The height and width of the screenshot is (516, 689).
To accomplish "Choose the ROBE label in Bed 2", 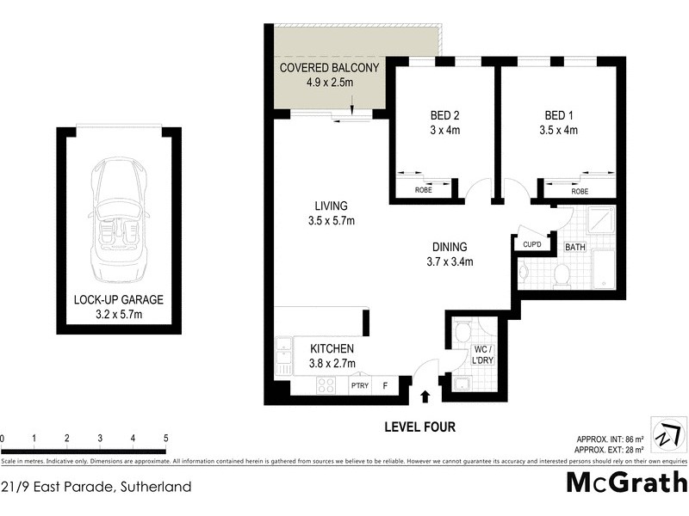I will (x=423, y=191).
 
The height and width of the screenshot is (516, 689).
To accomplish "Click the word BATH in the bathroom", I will (x=574, y=248).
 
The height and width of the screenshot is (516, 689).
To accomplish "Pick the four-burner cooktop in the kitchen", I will (x=326, y=387).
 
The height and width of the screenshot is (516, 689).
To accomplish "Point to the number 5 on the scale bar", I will (x=165, y=439).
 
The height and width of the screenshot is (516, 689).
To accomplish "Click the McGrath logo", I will (x=626, y=482).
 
